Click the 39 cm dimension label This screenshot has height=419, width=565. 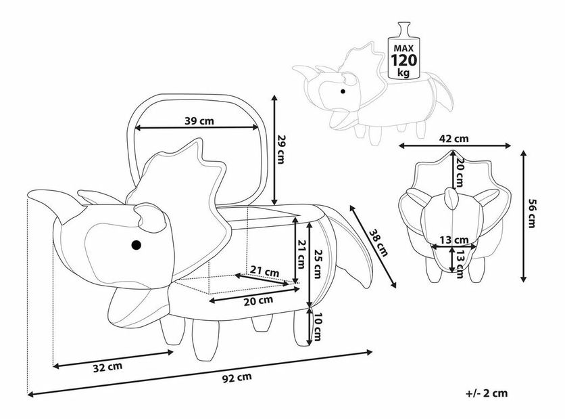click(x=199, y=120)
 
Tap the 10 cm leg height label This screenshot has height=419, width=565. click(x=318, y=327)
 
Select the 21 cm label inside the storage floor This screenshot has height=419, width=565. click(x=264, y=272)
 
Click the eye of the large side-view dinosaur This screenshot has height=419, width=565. click(x=136, y=244)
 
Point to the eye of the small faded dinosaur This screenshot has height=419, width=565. click(x=343, y=91)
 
